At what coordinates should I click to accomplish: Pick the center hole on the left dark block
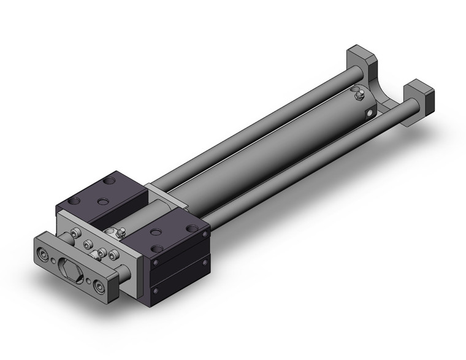tap(103, 201)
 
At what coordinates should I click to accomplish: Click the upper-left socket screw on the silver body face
tap(75, 232)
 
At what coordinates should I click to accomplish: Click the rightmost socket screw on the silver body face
tap(113, 253)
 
